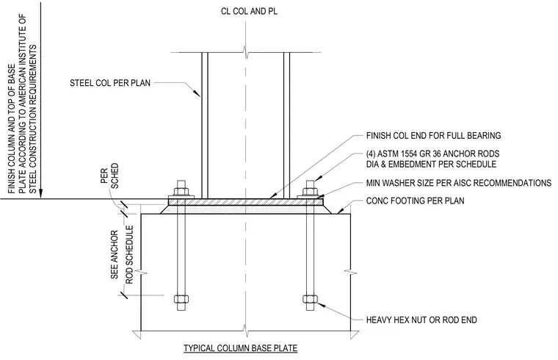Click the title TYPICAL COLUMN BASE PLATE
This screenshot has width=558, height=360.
click(240, 348)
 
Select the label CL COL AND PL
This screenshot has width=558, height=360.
click(249, 12)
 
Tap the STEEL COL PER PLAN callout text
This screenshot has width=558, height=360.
click(110, 83)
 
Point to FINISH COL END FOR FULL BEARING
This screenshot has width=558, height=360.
click(433, 136)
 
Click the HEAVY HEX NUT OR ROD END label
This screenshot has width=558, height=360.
click(421, 320)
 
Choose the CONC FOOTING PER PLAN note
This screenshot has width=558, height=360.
click(416, 201)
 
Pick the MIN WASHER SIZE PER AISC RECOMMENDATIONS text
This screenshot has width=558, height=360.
click(459, 183)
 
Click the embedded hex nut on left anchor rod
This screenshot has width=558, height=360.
click(181, 298)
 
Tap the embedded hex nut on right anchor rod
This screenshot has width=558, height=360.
click(310, 298)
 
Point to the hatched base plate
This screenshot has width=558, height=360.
click(246, 202)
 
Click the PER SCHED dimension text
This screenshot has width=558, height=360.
click(109, 176)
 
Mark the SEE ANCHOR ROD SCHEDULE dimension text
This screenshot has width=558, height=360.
click(121, 255)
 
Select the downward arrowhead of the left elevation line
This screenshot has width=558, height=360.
click(41, 192)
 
